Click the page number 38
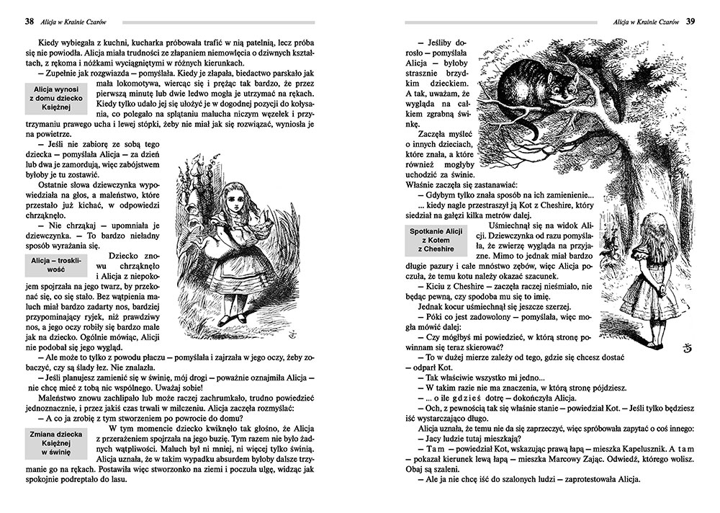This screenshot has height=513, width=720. (29, 22)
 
